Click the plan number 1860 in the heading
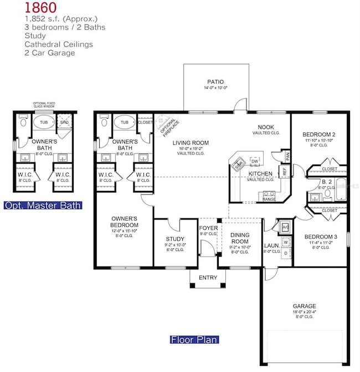[24, 7]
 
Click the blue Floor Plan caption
[194, 340]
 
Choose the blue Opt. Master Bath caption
[43, 205]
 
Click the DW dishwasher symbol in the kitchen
[255, 161]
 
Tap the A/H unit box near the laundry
[285, 226]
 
